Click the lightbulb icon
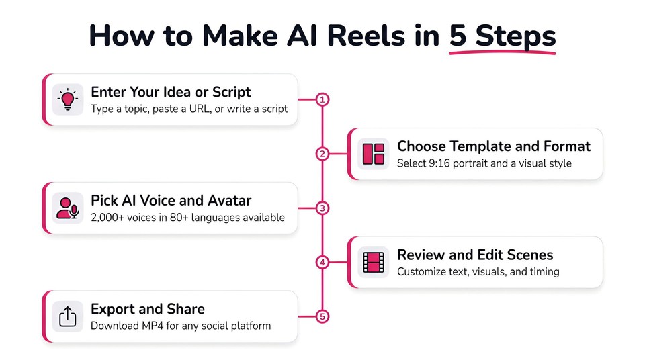(x=68, y=99)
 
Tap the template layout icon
(x=373, y=154)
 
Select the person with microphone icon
(x=68, y=208)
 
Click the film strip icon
(x=373, y=263)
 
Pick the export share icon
(x=68, y=317)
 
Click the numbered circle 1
(x=322, y=99)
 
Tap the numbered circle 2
(x=322, y=154)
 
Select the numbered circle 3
(x=322, y=208)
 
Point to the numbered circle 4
(x=322, y=263)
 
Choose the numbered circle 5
(x=322, y=317)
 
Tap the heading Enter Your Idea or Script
(x=171, y=92)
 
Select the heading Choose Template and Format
(x=494, y=146)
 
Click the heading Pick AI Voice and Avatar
(x=171, y=201)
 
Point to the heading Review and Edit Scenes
(x=475, y=255)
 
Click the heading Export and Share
(x=148, y=310)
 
